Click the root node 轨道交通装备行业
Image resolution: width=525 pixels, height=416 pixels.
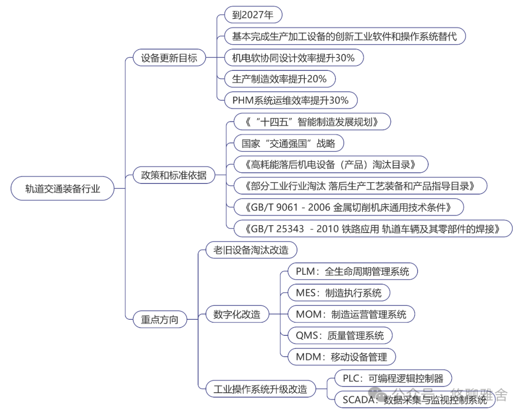63,188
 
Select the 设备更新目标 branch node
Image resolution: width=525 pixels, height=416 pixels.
169,58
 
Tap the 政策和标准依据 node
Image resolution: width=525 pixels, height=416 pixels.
174,175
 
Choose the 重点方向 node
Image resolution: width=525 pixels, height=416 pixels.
159,319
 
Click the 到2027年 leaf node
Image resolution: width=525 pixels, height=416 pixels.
253,15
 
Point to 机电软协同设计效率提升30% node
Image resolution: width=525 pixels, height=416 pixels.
293,58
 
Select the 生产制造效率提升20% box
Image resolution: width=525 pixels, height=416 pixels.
280,79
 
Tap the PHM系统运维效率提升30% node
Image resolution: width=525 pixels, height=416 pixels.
291,100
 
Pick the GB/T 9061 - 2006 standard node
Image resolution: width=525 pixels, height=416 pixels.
349,207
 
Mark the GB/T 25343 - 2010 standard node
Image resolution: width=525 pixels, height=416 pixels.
373,228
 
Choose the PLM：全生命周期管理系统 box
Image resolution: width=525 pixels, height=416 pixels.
352,271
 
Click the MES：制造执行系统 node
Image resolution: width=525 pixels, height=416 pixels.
339,293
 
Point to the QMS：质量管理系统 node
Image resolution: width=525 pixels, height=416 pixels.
340,335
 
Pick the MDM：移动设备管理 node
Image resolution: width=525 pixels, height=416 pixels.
341,357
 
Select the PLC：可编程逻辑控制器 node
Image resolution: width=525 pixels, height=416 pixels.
392,378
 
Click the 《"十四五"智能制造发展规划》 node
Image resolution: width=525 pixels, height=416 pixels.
312,122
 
